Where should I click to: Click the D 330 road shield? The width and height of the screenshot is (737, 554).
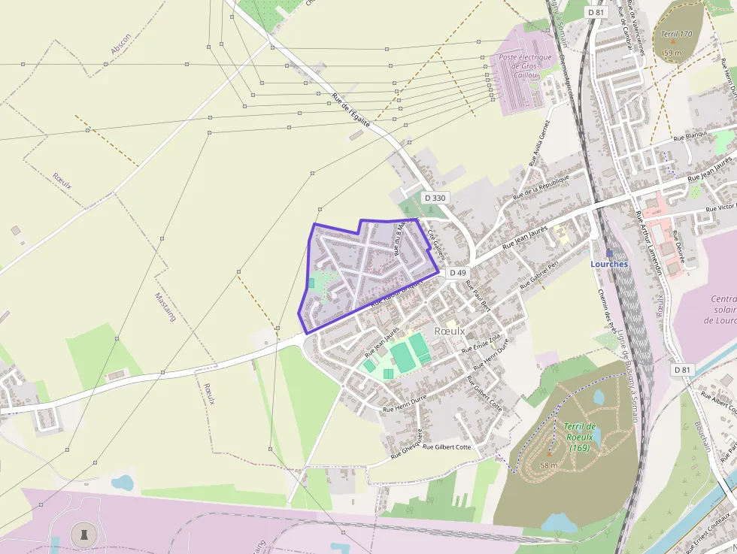[435, 198]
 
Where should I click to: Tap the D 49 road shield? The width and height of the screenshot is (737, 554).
[458, 273]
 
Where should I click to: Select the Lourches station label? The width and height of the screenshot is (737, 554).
[609, 264]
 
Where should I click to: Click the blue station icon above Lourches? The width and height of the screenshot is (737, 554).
[609, 254]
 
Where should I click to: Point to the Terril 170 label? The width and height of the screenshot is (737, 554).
[676, 34]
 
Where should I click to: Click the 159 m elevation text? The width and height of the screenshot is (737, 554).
[672, 53]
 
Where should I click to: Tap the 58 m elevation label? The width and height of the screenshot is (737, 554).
[549, 465]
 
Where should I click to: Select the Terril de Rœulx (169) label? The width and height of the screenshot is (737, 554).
[580, 437]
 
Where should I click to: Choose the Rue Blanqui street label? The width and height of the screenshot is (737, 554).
[690, 136]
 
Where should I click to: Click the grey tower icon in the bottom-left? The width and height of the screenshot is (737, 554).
[83, 535]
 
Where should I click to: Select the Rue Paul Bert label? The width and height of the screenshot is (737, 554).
[478, 295]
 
